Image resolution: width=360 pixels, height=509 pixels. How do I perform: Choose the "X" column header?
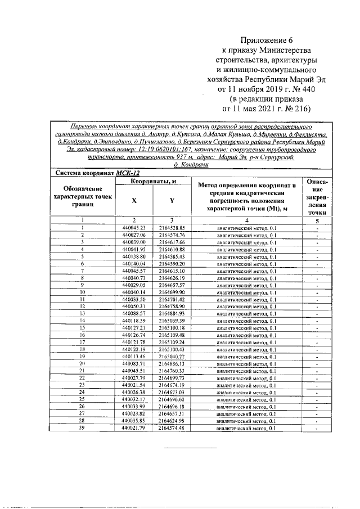coord(134,200)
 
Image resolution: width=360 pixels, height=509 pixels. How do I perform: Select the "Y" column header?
coord(172,200)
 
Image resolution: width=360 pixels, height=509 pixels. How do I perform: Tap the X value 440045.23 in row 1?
coord(134,228)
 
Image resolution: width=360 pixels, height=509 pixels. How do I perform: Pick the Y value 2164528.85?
coord(172,228)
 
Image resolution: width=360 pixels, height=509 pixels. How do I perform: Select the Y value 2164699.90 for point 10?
coord(172,292)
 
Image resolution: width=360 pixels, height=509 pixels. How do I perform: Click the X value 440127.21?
coord(134,328)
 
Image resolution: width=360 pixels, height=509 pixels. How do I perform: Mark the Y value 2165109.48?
coord(172,335)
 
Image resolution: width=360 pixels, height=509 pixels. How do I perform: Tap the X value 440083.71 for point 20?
coord(134,364)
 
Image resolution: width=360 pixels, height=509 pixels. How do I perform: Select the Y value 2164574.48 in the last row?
coord(172,428)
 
